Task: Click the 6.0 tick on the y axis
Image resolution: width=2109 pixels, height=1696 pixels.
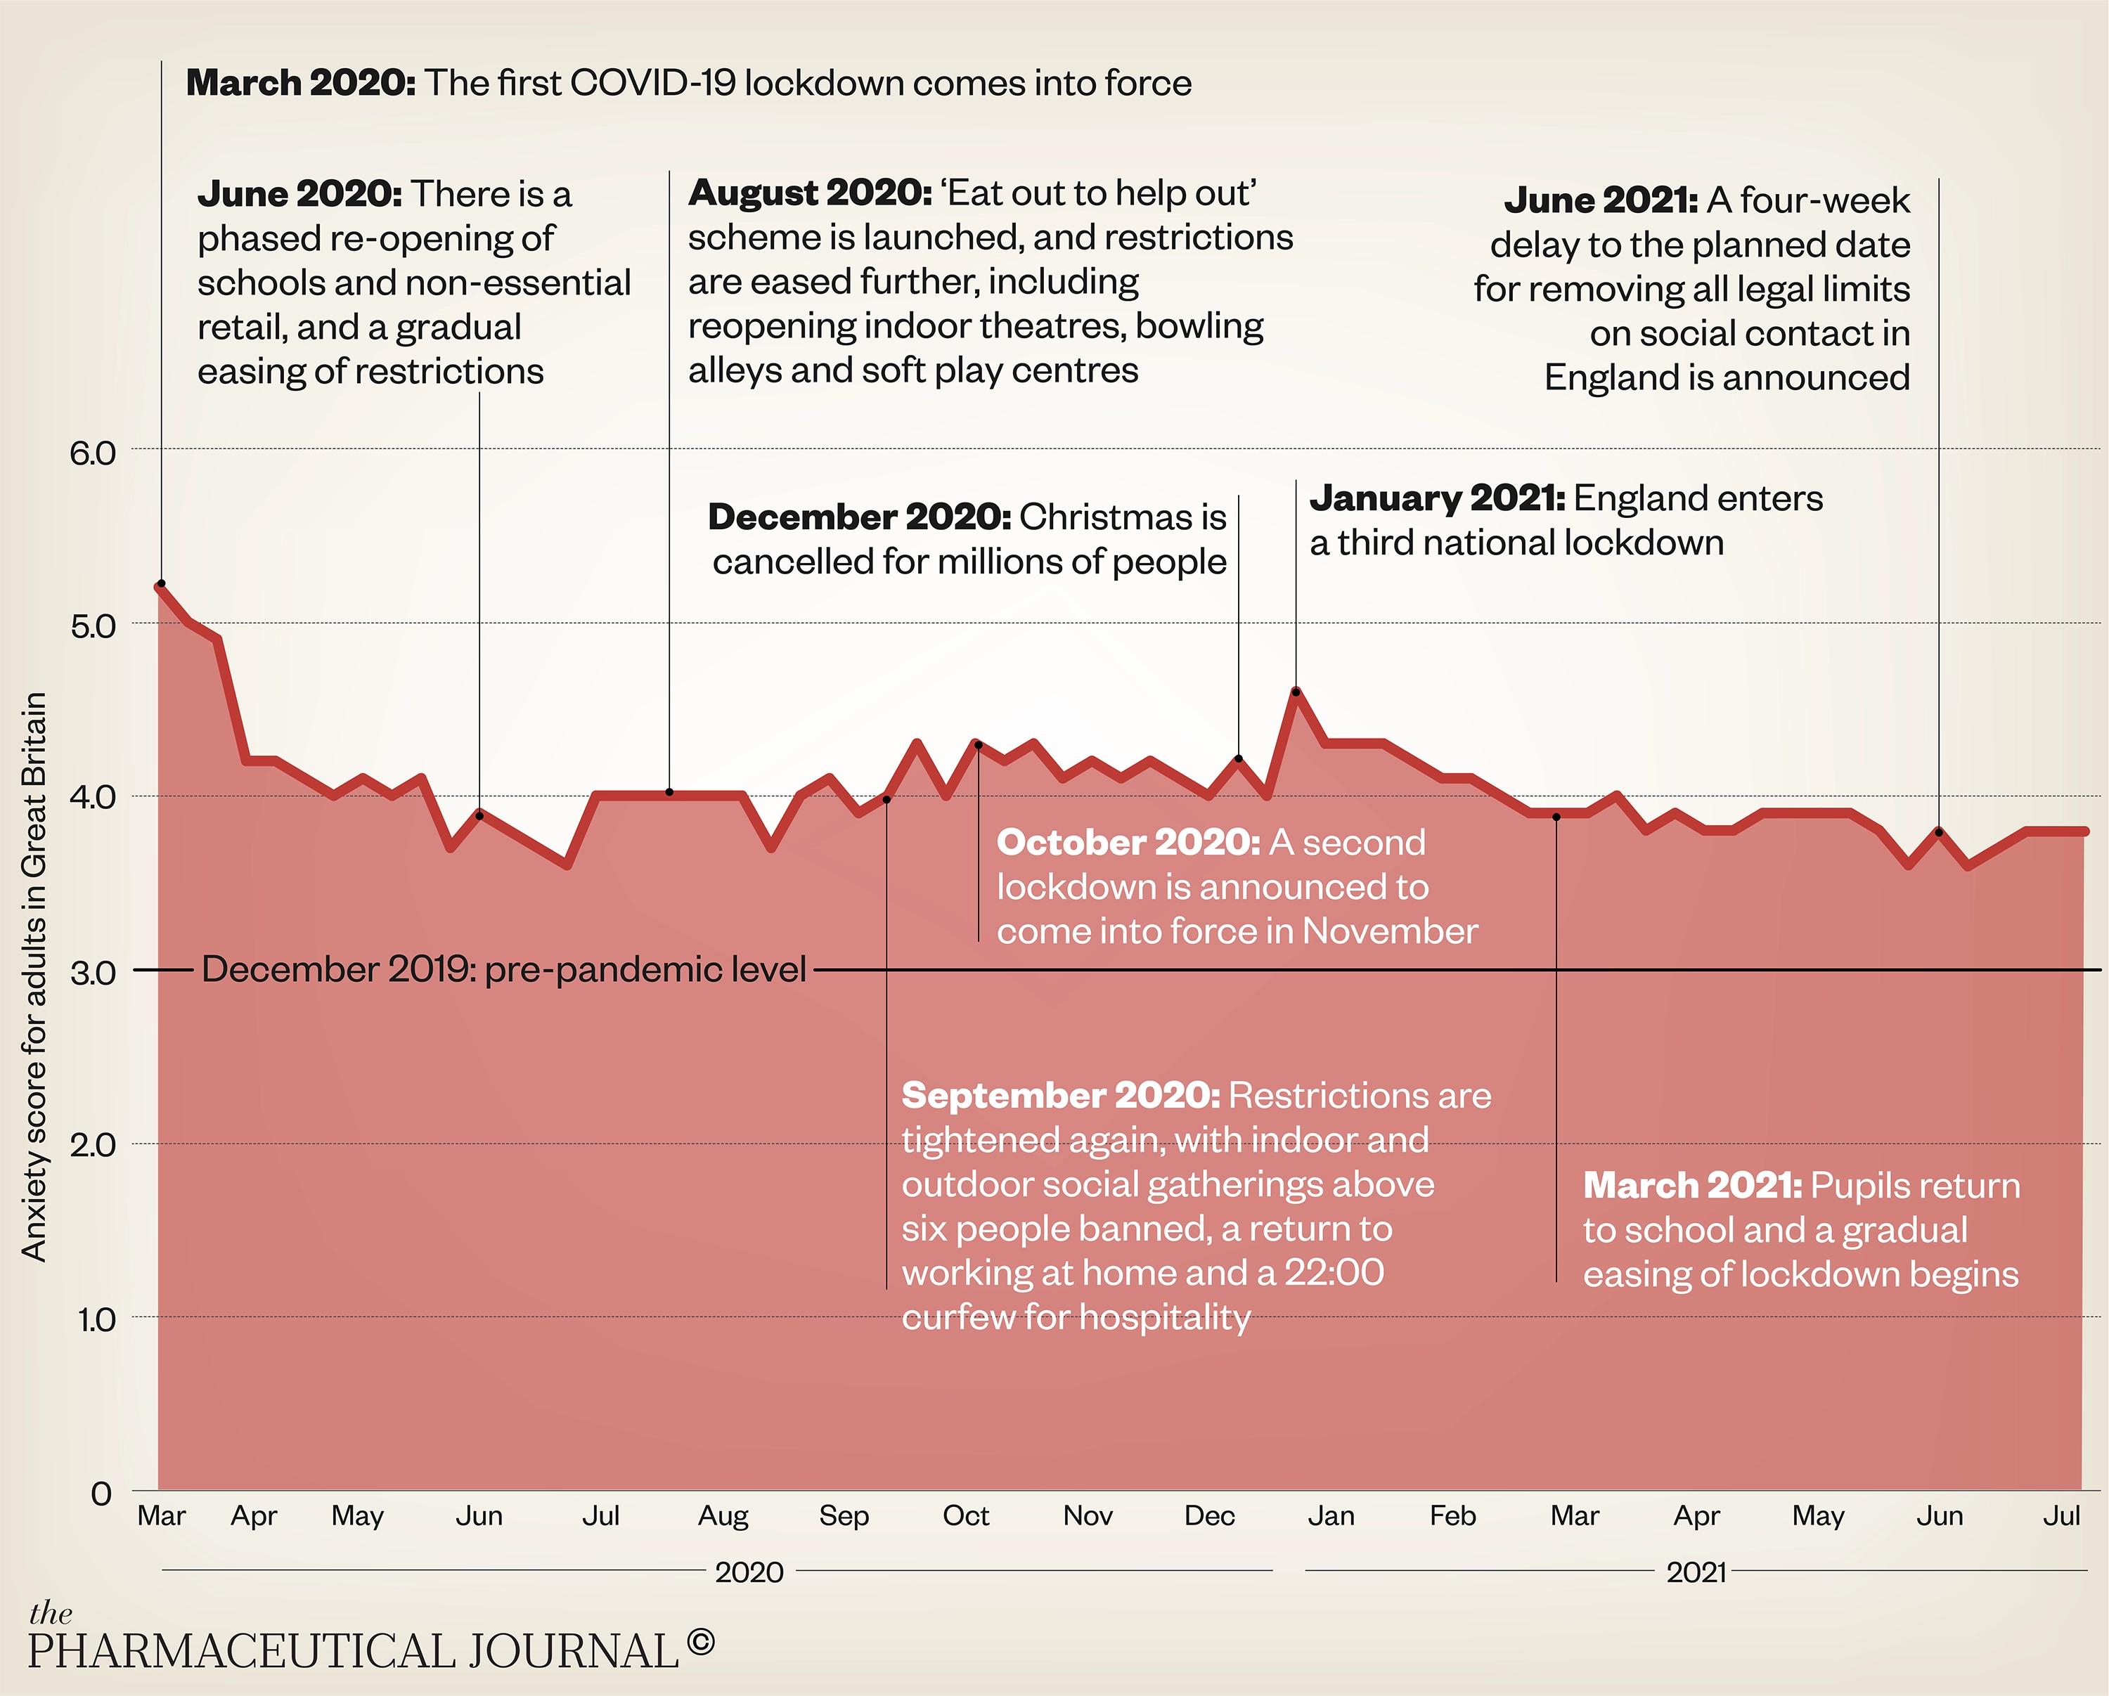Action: tap(92, 453)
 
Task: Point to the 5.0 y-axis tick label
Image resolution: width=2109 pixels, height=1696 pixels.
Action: tap(92, 626)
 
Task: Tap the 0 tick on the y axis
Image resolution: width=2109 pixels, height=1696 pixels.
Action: tap(101, 1494)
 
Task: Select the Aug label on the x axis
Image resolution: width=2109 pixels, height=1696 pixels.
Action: tap(723, 1516)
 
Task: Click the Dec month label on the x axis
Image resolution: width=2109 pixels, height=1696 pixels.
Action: tap(1209, 1516)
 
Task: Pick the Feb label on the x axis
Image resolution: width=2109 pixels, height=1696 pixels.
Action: tap(1452, 1516)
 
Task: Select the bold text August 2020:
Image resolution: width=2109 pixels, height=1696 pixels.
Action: tap(810, 193)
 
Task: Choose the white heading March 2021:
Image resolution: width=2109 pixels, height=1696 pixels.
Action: tap(1692, 1186)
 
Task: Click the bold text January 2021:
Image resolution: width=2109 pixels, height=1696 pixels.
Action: tap(1437, 498)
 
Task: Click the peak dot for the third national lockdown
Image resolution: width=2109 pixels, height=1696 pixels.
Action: tap(1296, 692)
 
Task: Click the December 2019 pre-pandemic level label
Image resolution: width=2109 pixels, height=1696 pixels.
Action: tap(504, 969)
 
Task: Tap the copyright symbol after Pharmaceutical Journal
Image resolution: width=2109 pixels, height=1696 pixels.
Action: tap(700, 1640)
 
